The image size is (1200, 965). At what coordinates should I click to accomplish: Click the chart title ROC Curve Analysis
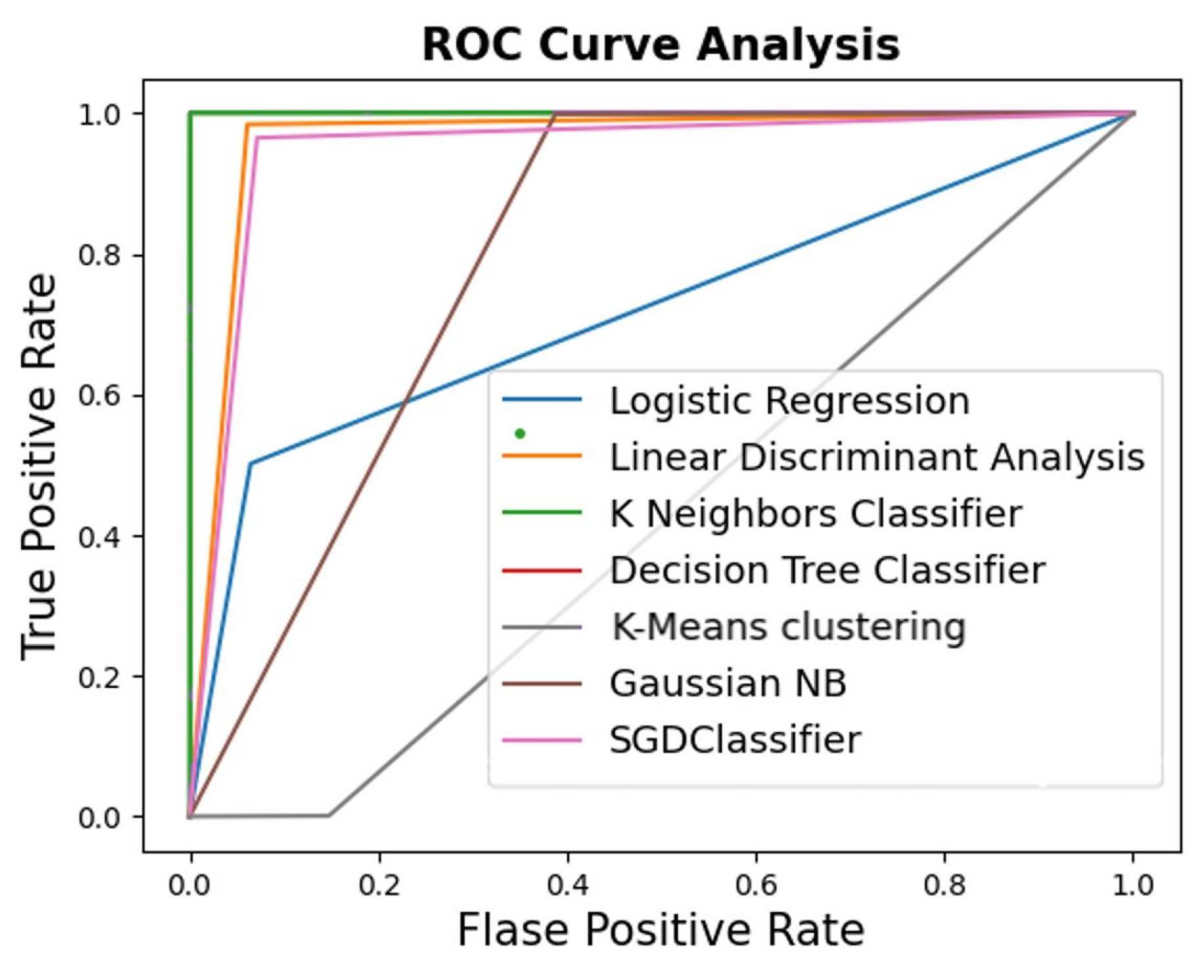(x=660, y=45)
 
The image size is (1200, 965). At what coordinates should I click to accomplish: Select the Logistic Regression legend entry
(x=789, y=400)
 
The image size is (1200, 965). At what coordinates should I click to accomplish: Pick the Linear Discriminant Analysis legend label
(x=877, y=457)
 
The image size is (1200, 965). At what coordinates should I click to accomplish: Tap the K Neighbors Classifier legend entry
(x=815, y=513)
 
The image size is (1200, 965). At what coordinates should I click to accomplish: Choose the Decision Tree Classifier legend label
(x=827, y=570)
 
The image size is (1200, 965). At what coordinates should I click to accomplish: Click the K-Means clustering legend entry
(x=788, y=626)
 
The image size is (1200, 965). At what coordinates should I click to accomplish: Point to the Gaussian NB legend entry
(x=727, y=683)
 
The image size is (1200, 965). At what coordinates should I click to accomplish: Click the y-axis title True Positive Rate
(x=38, y=466)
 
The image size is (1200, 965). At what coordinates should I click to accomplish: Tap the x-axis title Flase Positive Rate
(x=660, y=930)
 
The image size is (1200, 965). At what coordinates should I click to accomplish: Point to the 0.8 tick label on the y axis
(x=100, y=255)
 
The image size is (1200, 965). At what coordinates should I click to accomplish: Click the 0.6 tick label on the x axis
(x=756, y=885)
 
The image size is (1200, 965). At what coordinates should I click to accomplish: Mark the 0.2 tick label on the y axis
(x=100, y=677)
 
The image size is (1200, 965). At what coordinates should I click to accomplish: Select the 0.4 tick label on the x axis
(x=567, y=885)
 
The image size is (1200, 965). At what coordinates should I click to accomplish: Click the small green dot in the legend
(x=520, y=433)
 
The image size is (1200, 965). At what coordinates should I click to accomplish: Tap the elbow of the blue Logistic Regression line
(x=250, y=464)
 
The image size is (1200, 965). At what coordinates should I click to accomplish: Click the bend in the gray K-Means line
(x=329, y=815)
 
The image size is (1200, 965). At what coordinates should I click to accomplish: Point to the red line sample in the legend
(x=542, y=570)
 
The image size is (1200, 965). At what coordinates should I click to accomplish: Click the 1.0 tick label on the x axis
(x=1132, y=885)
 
